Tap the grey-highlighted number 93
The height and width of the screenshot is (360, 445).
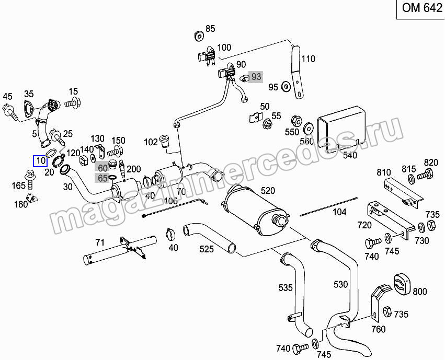click(x=256, y=77)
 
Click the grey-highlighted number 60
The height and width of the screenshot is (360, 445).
click(x=102, y=167)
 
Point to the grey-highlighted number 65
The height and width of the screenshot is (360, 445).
click(x=102, y=178)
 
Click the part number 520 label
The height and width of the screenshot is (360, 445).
click(x=268, y=191)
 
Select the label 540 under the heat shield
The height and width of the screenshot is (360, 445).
click(x=349, y=155)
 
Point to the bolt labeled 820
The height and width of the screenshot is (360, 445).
click(x=428, y=174)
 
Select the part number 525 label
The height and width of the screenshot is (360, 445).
click(x=206, y=249)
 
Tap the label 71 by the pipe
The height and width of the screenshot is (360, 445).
click(x=100, y=242)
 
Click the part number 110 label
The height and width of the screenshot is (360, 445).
click(x=309, y=59)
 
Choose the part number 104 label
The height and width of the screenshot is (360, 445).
click(x=339, y=212)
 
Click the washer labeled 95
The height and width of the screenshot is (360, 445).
click(x=286, y=86)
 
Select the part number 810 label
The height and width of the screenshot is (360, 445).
click(x=384, y=172)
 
